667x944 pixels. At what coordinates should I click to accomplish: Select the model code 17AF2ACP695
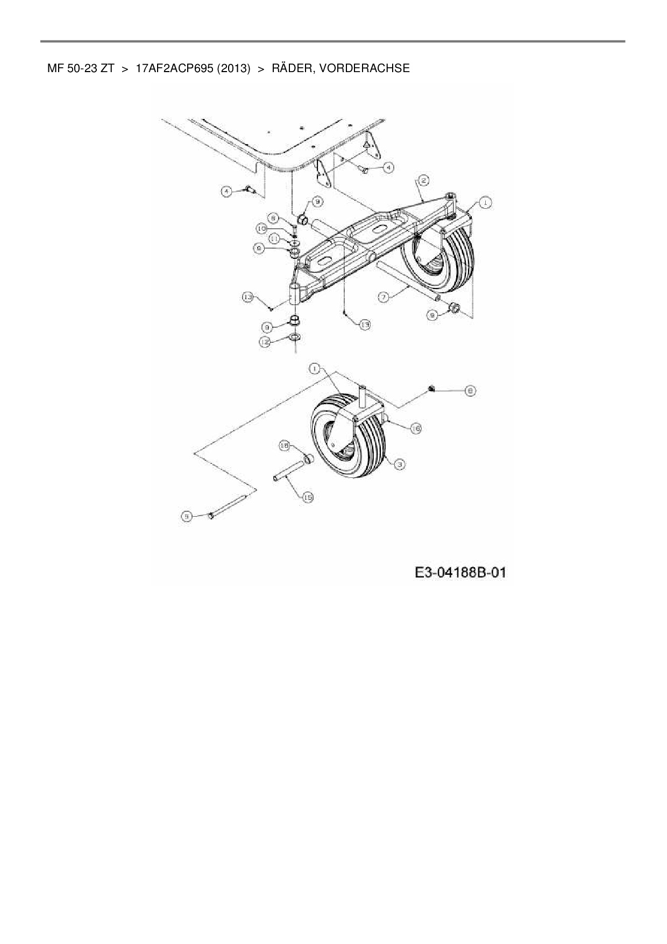[175, 68]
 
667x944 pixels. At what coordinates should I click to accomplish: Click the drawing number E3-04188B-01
[460, 572]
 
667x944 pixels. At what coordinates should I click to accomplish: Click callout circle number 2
[424, 180]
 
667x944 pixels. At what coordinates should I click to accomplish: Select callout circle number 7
[384, 297]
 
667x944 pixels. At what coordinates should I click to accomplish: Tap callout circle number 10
[261, 229]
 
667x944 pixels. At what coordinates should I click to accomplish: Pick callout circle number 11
[274, 238]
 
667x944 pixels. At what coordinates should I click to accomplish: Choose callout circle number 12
[265, 342]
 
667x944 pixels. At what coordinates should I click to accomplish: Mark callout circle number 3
[399, 464]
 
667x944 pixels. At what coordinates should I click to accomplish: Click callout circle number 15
[308, 498]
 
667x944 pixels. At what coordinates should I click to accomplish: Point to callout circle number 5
[186, 516]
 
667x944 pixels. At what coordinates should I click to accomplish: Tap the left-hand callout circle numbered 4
[228, 191]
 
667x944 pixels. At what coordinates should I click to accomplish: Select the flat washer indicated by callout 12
[294, 337]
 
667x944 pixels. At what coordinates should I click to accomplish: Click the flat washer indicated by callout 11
[295, 241]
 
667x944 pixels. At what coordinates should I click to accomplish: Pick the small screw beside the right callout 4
[363, 170]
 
